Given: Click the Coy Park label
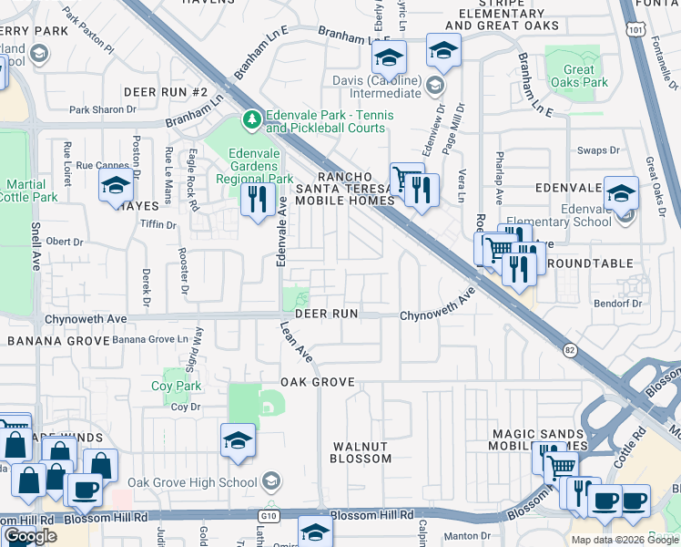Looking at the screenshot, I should tap(176, 386).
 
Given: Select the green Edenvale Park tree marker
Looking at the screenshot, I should tap(251, 119).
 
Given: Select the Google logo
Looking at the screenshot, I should tap(30, 536).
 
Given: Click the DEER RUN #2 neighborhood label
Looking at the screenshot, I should tap(167, 92).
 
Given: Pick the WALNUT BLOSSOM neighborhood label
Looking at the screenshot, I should tap(361, 452).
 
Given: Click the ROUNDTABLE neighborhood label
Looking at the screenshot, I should tap(589, 263).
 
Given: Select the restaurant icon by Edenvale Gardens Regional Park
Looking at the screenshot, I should tap(258, 197).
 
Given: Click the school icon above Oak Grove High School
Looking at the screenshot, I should tap(237, 440).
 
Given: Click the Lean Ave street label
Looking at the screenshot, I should tap(296, 342).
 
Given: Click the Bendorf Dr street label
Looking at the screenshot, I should tap(619, 302).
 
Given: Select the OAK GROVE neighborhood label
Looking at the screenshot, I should tap(316, 382).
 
